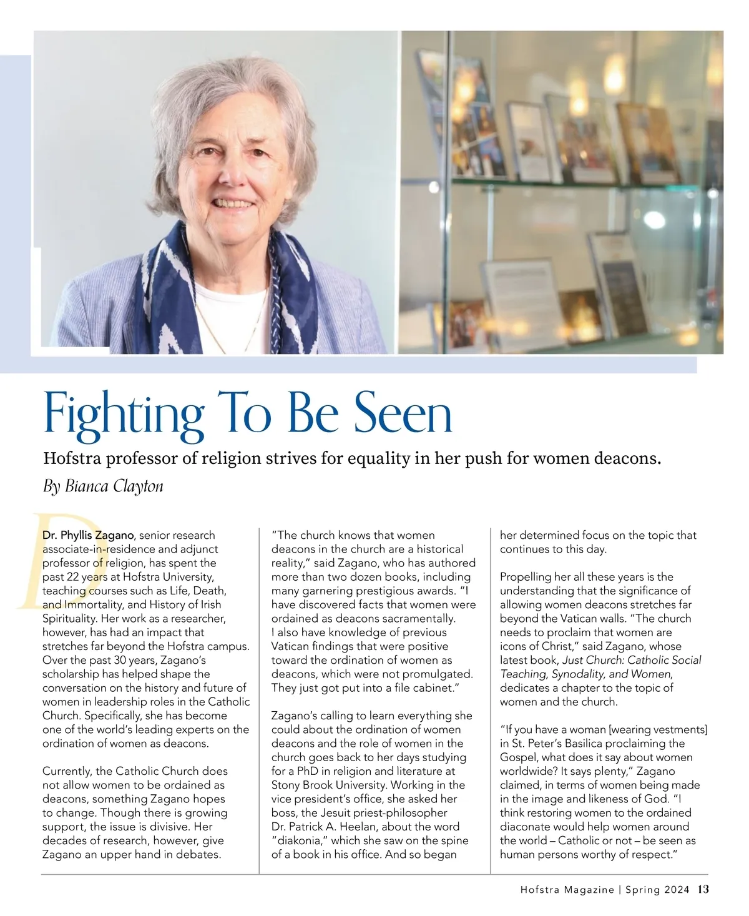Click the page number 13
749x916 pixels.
(703, 890)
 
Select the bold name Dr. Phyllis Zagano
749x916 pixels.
(88, 535)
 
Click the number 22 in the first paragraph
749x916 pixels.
(72, 576)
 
